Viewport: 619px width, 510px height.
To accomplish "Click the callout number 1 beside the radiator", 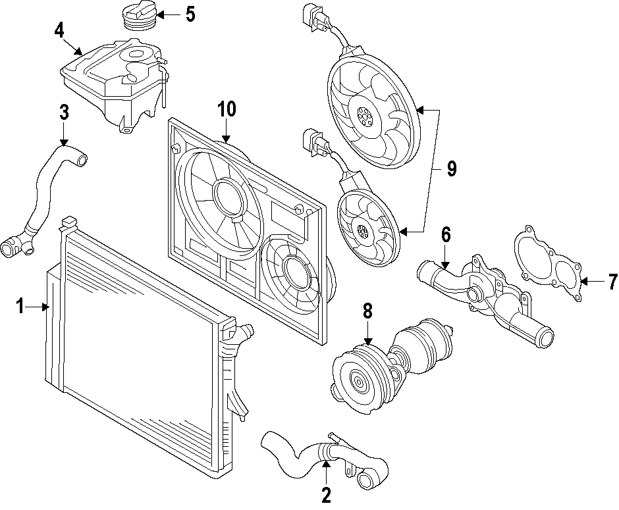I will (20, 306).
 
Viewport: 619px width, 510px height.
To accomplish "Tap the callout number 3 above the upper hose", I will (63, 113).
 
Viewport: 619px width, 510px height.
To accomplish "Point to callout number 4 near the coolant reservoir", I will (59, 30).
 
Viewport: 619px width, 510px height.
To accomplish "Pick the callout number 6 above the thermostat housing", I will (446, 234).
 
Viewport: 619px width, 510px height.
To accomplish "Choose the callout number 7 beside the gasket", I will (612, 282).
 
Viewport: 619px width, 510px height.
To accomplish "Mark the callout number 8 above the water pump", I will (367, 311).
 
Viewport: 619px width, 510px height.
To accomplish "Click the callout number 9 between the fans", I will (451, 169).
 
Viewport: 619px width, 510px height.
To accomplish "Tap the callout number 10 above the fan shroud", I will (227, 109).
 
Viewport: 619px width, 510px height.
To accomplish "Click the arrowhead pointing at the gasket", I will (584, 282).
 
